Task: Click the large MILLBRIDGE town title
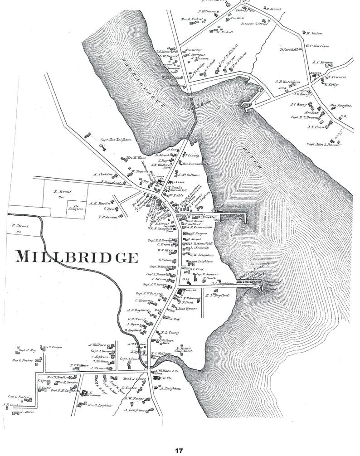coord(76,257)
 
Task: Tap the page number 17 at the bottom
coord(179,450)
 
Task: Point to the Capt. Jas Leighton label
coord(115,140)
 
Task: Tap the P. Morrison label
coord(320,45)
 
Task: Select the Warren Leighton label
coord(200,262)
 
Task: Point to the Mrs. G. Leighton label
coord(99,405)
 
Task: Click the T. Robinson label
coord(108,217)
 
